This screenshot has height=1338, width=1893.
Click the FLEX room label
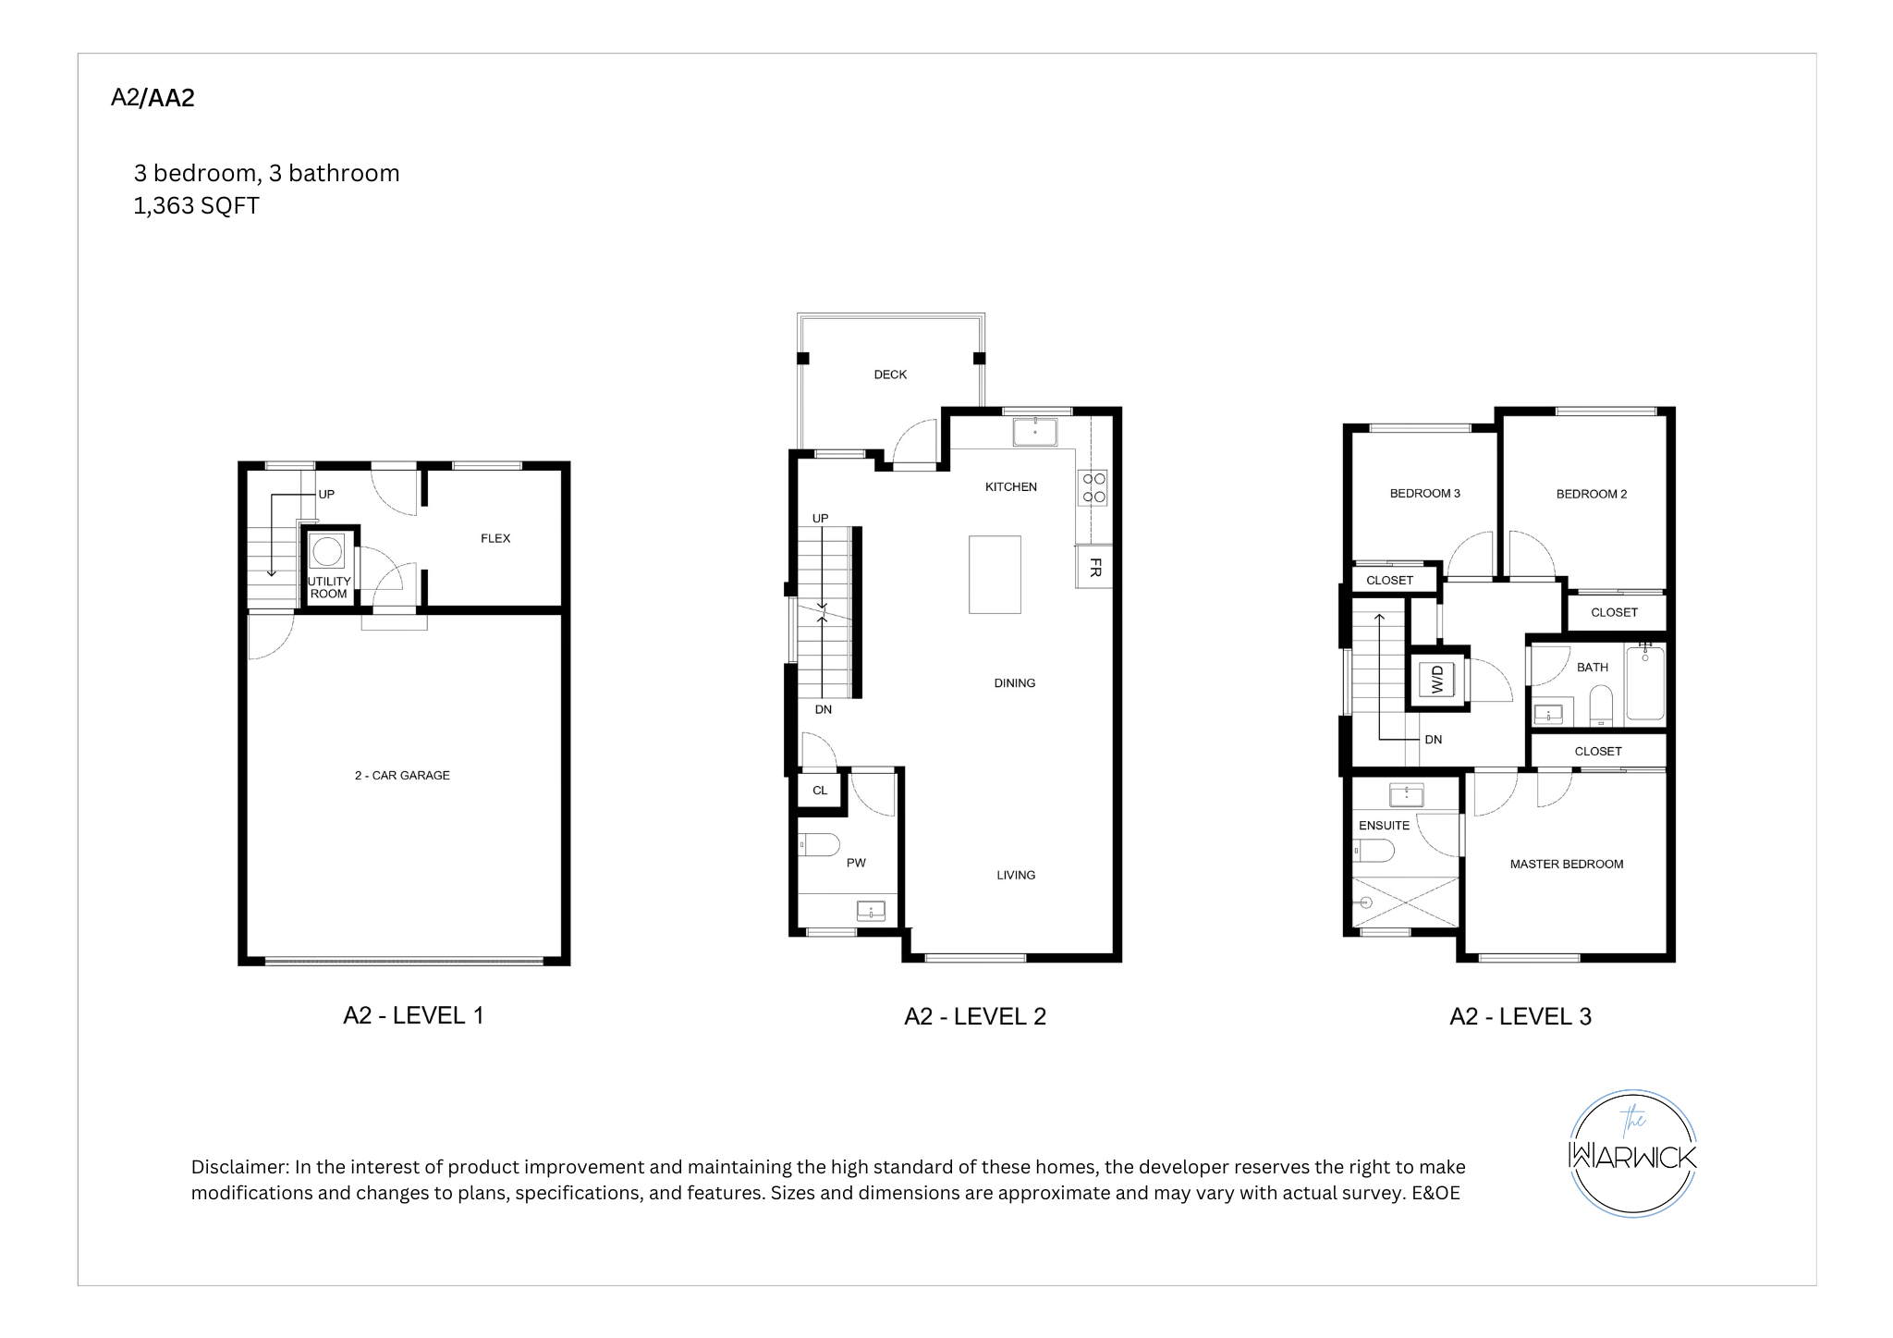coord(495,538)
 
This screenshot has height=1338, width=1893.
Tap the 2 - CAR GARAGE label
coord(402,776)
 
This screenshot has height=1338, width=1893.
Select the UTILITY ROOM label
coord(329,588)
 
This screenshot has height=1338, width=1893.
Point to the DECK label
coord(890,374)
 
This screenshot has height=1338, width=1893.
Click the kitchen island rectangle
coord(995,574)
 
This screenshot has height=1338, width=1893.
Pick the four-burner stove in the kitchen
coord(1093,488)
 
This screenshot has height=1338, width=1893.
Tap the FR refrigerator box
coord(1094,568)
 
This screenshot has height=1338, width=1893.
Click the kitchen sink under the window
coord(1035,432)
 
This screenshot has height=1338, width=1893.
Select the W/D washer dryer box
coord(1437,680)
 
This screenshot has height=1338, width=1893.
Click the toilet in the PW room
coord(819,844)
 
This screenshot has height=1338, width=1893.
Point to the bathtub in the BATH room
coord(1645,683)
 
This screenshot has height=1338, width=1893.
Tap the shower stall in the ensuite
coord(1405,902)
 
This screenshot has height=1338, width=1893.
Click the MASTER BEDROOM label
coord(1567,865)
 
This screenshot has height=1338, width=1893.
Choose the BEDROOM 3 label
coord(1425,494)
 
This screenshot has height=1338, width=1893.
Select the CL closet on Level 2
coord(820,791)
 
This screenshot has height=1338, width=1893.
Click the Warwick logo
coord(1633,1153)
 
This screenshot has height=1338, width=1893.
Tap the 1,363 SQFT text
coord(196,205)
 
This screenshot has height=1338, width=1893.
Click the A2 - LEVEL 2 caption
coord(975,1016)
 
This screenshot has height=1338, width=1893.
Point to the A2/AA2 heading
coord(153,98)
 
